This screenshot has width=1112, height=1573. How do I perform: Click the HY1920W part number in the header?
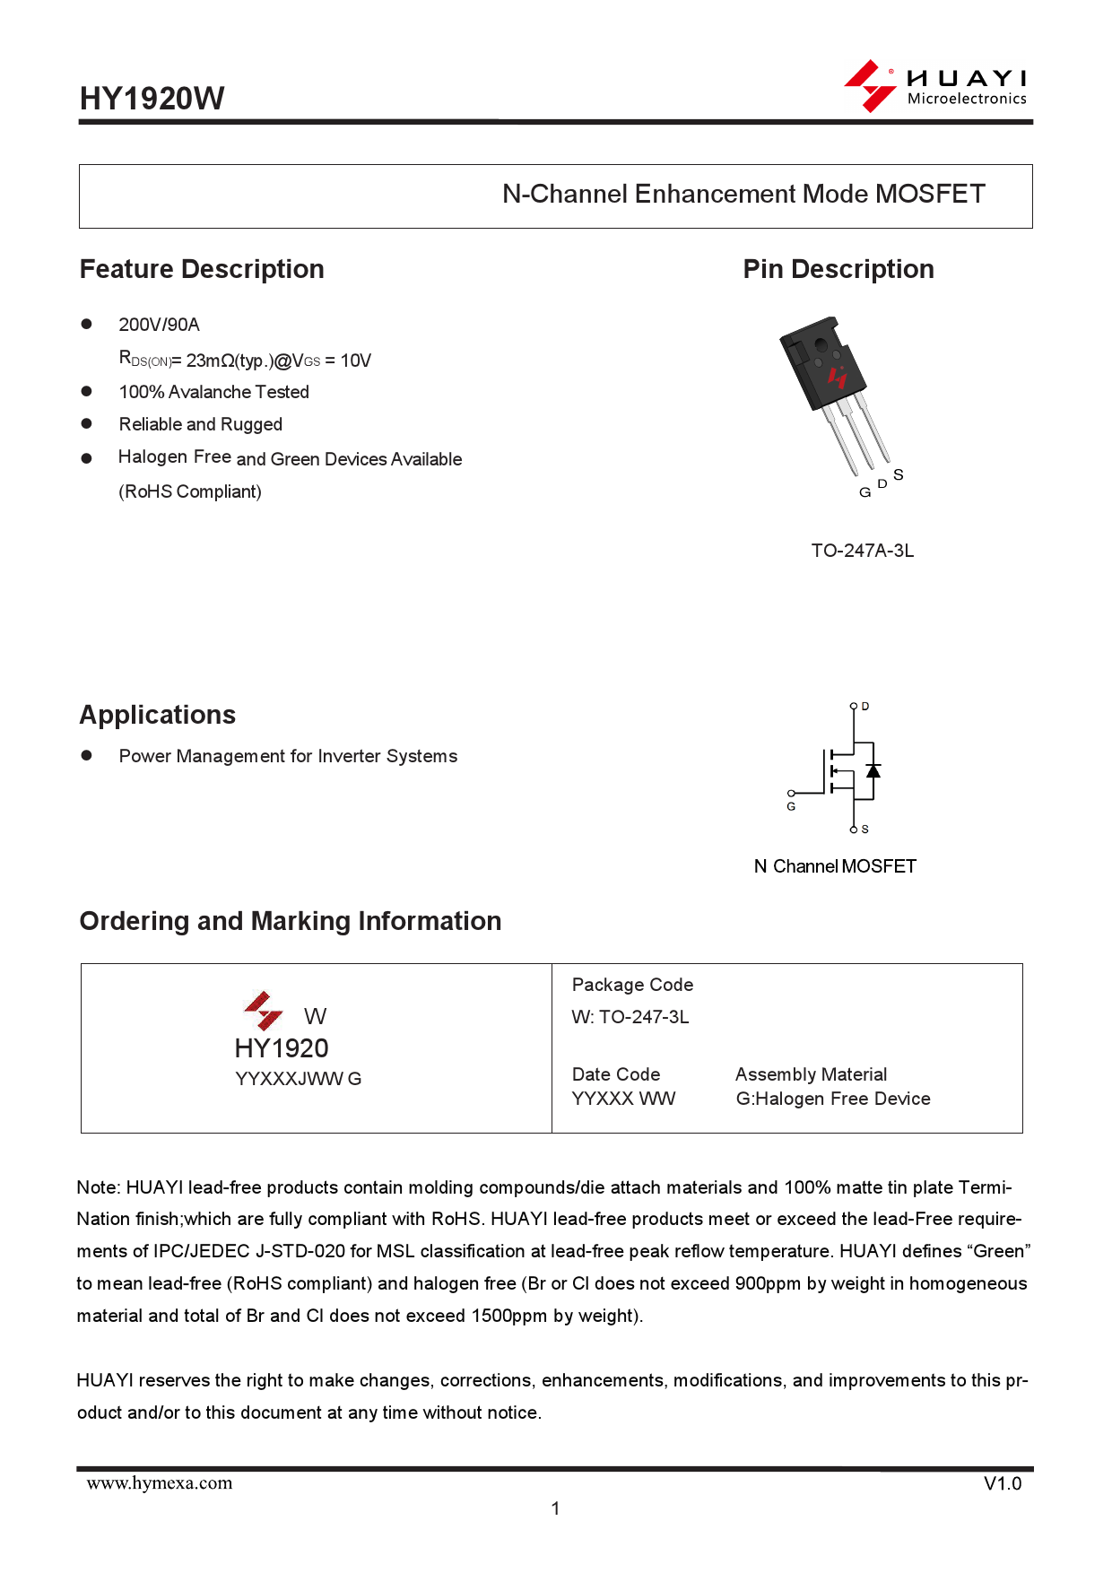[x=152, y=99]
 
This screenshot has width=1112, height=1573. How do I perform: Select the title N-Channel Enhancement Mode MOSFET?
[x=743, y=195]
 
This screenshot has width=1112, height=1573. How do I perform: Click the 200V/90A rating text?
[x=160, y=325]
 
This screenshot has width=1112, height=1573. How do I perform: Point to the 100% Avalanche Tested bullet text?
[x=214, y=392]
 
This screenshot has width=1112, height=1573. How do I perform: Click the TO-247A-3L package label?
[x=862, y=551]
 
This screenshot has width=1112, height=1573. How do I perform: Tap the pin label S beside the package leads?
[x=899, y=474]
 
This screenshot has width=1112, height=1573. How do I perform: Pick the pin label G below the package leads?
[x=864, y=492]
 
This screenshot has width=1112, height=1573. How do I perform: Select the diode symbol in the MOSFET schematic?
[x=873, y=770]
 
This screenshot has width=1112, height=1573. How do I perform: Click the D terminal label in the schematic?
[x=865, y=707]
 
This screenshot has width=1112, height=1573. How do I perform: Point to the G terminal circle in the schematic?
[x=791, y=794]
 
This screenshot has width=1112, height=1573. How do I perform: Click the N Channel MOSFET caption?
[x=835, y=866]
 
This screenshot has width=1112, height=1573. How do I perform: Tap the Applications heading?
[x=158, y=715]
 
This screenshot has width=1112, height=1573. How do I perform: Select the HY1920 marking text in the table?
[x=282, y=1048]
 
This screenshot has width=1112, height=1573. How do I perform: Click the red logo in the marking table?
[x=264, y=1010]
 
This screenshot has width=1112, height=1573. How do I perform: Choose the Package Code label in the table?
[x=632, y=985]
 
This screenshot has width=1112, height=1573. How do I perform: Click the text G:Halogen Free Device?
[x=833, y=1099]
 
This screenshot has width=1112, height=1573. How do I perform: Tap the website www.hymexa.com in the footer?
[x=160, y=1483]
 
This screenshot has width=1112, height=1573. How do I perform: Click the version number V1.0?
[x=1003, y=1484]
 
